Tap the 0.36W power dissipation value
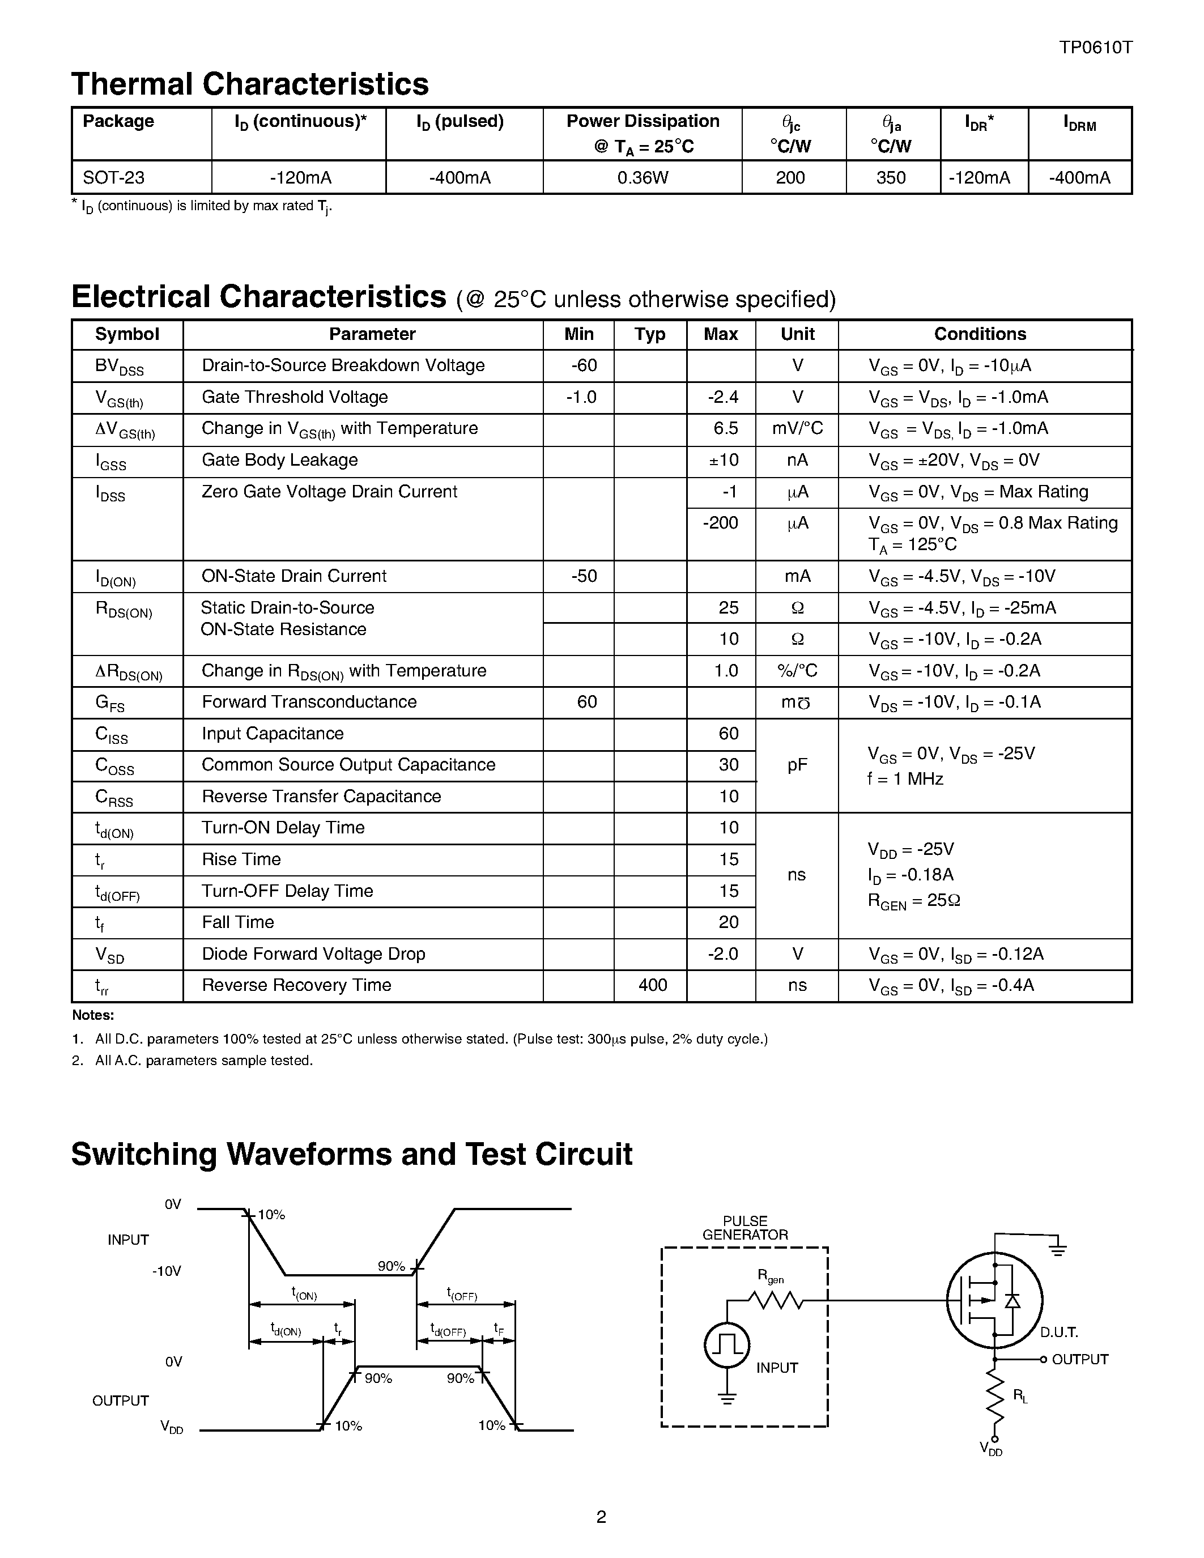tap(642, 178)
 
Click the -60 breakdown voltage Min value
tap(584, 365)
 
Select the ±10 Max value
tap(724, 460)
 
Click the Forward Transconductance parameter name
tap(309, 702)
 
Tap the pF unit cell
tap(797, 765)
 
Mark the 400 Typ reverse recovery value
tap(652, 985)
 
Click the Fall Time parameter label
tap(237, 922)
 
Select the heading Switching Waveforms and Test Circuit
tap(352, 1154)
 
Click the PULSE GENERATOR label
tap(744, 1228)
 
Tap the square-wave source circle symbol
tap(727, 1346)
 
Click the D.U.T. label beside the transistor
tap(1058, 1332)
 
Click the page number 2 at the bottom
tap(601, 1517)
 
